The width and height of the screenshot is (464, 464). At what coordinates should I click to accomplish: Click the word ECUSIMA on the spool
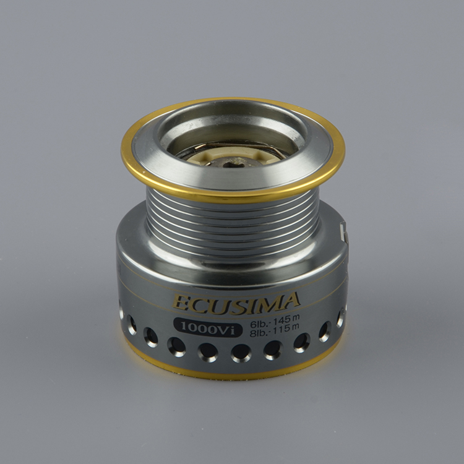[236, 303]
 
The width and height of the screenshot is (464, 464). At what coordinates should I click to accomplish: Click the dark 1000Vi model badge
[207, 327]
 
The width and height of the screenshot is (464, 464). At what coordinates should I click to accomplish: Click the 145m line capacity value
[287, 319]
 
